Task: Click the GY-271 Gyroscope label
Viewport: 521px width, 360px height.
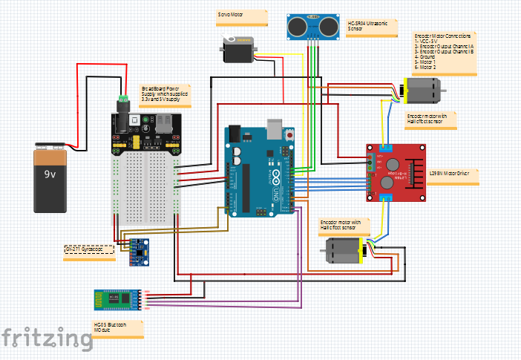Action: click(89, 250)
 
